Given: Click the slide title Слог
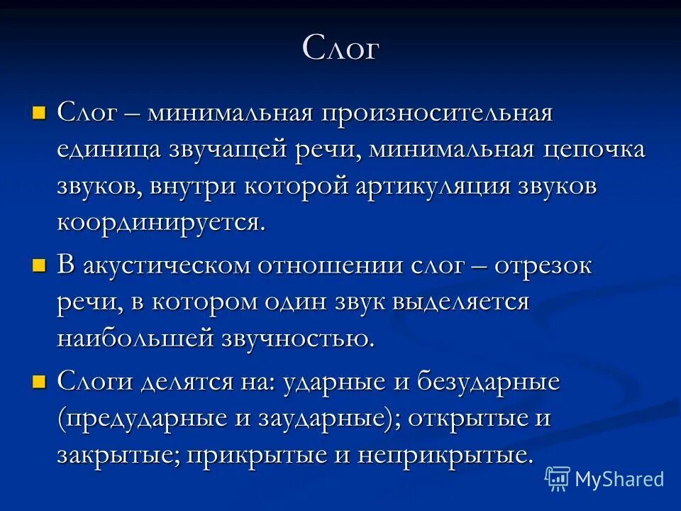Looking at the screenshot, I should pos(340,49).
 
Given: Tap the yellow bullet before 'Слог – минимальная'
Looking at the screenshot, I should pos(39,112).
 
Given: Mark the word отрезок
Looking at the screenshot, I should pos(543,268).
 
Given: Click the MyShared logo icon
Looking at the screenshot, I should pos(558,479).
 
